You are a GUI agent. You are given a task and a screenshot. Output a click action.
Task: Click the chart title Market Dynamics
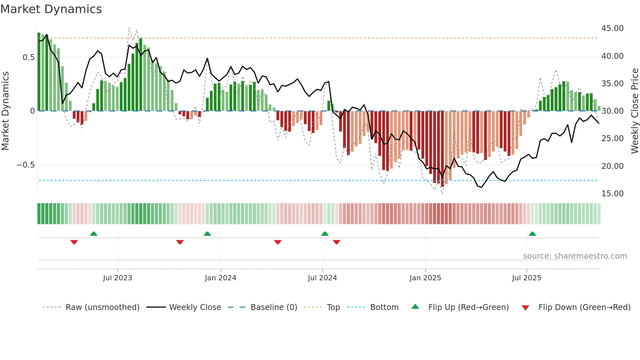(51, 9)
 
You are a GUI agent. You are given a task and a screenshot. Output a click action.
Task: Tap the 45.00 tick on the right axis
(612, 28)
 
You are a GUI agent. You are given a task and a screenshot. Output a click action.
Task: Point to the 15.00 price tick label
(612, 194)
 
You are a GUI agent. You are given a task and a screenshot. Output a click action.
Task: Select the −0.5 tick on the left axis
(25, 165)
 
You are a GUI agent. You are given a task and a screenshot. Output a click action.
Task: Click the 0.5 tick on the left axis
(28, 57)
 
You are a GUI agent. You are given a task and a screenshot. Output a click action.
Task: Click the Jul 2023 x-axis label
(118, 278)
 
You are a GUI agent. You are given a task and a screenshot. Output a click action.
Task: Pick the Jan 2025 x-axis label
(425, 278)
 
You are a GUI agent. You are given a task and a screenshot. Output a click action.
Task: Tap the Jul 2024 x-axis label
(322, 278)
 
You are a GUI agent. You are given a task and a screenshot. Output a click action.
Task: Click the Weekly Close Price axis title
(634, 111)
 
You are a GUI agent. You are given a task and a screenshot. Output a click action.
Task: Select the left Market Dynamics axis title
(5, 111)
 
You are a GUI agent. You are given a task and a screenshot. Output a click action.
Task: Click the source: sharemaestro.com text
(575, 256)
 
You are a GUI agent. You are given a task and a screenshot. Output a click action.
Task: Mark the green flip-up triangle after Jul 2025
(532, 234)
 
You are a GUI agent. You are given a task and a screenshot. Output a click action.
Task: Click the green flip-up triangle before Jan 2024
(207, 234)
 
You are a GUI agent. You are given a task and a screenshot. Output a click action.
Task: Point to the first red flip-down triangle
(74, 242)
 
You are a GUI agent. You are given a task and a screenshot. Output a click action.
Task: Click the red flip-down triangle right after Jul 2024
(337, 242)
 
